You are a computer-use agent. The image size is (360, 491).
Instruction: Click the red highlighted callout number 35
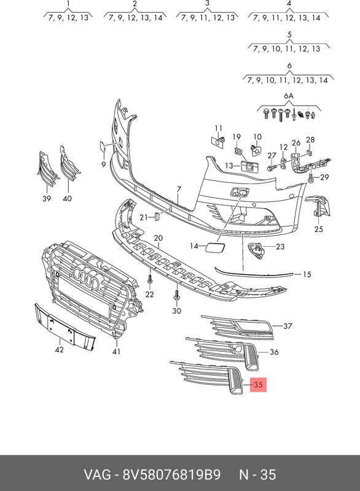pos(258,384)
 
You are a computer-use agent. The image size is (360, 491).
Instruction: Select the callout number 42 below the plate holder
pos(59,350)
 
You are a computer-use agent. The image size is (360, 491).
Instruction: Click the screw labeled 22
pos(150,279)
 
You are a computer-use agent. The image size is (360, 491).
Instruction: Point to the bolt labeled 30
pos(177,295)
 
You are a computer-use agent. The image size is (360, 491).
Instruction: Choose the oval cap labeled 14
pos(214,247)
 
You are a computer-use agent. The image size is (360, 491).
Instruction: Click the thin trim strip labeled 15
pos(254,272)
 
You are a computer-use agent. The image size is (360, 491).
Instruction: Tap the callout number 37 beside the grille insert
pos(288,327)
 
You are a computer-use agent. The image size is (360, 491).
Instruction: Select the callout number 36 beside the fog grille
pos(274,352)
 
